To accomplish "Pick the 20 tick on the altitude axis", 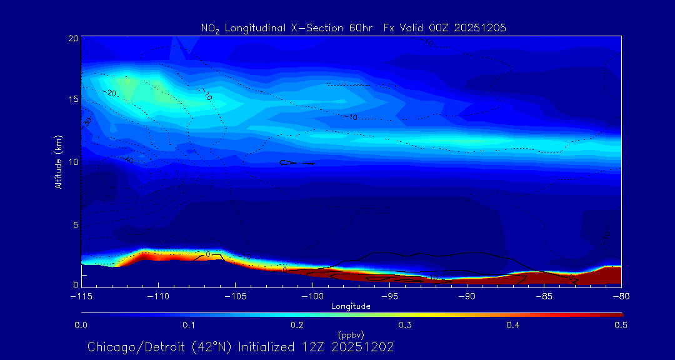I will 73,38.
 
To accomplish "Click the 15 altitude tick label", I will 73,99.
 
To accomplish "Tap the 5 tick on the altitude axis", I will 75,224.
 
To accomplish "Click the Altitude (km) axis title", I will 58,161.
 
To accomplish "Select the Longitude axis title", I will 351,306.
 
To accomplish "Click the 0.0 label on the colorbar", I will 81,325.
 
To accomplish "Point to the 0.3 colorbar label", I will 405,325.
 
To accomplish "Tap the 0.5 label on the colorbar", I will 621,325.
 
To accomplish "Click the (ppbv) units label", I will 351,335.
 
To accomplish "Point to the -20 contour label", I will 111,93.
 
